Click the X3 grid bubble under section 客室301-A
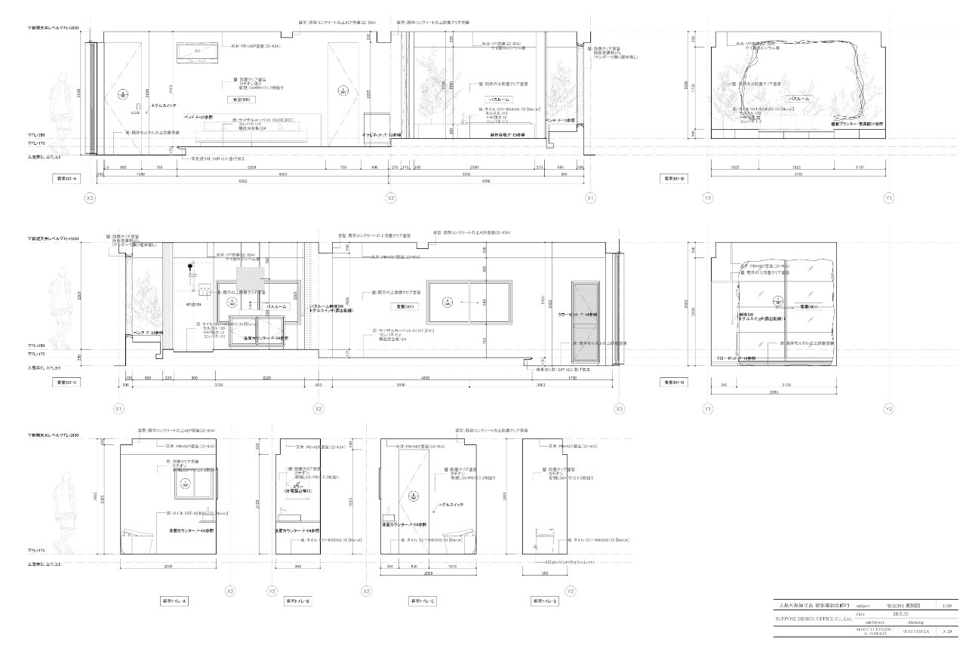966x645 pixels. (91, 198)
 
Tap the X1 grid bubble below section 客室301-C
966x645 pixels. (118, 408)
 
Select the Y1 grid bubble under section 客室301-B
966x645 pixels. (889, 198)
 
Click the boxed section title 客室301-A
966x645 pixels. (67, 179)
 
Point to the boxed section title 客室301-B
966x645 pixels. (673, 179)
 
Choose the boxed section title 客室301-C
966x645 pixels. (67, 382)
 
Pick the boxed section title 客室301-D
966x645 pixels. (673, 382)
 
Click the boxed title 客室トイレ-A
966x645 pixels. (174, 601)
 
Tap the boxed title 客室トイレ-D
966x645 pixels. (545, 601)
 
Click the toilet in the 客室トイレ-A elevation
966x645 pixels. (141, 536)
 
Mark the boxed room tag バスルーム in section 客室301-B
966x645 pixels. (799, 99)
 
